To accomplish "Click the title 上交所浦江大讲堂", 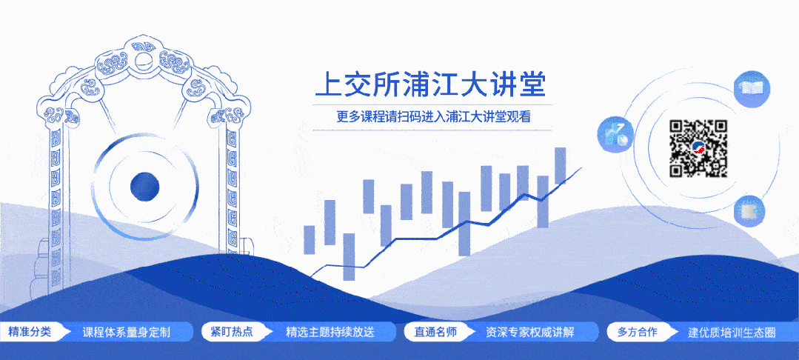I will [x=430, y=84].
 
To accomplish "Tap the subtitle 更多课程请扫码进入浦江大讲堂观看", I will [x=433, y=117].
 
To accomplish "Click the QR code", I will [x=698, y=148].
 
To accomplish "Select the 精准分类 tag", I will [x=30, y=332].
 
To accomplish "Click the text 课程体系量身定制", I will [x=127, y=332].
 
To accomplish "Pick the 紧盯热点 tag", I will [x=226, y=332].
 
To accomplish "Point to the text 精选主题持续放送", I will [x=330, y=332].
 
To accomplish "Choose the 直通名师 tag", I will [x=430, y=332].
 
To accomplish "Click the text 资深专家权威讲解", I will [x=530, y=332].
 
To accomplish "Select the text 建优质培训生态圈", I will [x=732, y=332].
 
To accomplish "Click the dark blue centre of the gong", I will [x=145, y=186].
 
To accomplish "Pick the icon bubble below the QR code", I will [x=748, y=210].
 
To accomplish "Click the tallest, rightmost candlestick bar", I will [x=561, y=165].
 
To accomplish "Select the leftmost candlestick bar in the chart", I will [x=310, y=240].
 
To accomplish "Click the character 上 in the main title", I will [x=329, y=84].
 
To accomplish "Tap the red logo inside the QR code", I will [x=698, y=149].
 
